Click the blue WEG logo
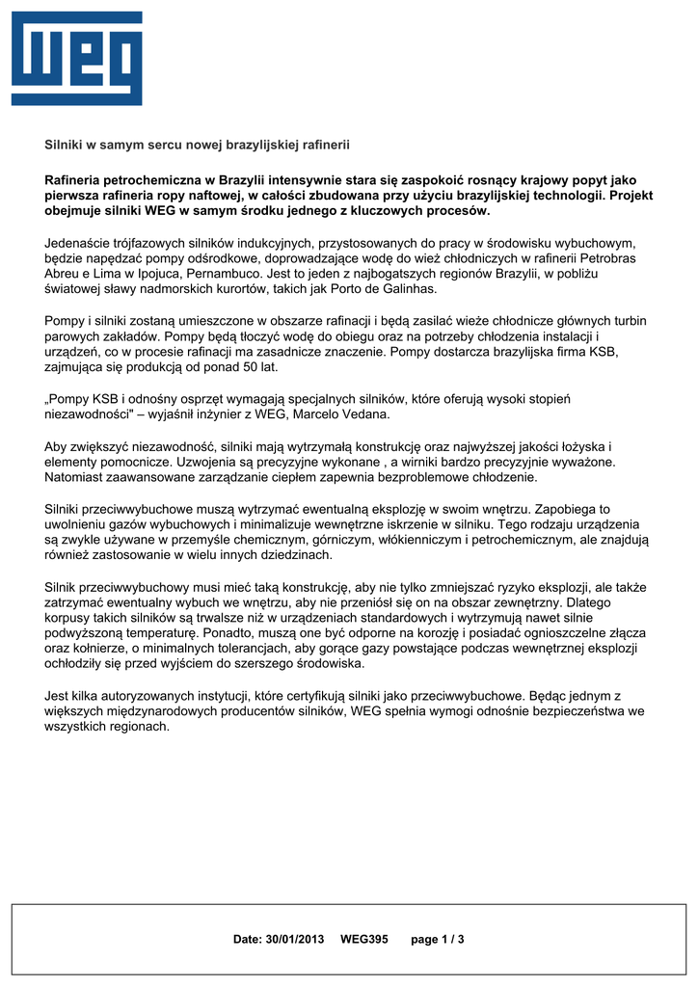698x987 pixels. coord(76,59)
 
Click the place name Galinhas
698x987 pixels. coord(409,289)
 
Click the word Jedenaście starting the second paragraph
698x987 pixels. coord(84,243)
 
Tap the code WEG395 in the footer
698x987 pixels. coord(364,939)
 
